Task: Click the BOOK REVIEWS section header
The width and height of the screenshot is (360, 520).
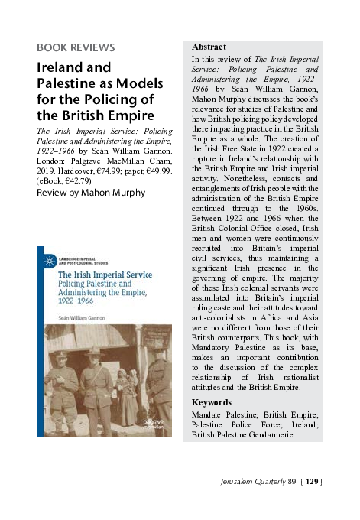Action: (x=76, y=47)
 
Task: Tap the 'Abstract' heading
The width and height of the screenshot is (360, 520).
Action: (x=209, y=47)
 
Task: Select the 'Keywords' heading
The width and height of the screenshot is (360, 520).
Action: (x=212, y=401)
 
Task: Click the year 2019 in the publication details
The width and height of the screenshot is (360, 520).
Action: (x=47, y=171)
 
